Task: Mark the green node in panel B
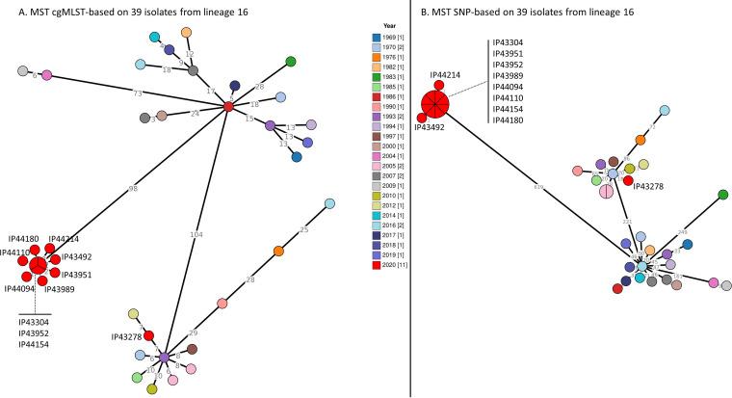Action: point(722,196)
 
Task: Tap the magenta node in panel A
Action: point(46,75)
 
